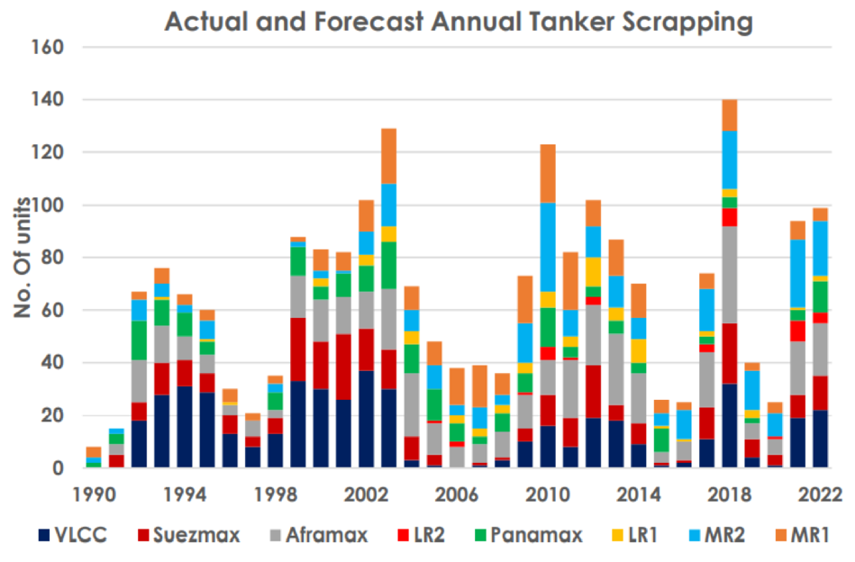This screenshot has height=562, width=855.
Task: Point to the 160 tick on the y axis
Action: click(48, 48)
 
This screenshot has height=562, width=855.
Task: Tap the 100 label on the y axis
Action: click(48, 205)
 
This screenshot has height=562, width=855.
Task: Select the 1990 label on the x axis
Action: click(95, 494)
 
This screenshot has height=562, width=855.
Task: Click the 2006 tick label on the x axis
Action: click(457, 494)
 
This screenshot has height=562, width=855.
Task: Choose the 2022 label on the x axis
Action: click(820, 494)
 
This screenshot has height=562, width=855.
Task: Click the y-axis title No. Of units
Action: click(23, 258)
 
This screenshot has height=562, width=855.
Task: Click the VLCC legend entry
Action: click(72, 535)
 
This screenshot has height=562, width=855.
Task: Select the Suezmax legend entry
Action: click(188, 535)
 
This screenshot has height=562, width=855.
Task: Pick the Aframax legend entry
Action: click(319, 535)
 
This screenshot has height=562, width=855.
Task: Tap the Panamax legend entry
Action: click(528, 535)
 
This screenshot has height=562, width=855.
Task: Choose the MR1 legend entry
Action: click(802, 535)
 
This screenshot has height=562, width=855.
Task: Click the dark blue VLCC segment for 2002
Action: click(367, 419)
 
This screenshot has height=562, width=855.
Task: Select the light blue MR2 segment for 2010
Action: click(548, 248)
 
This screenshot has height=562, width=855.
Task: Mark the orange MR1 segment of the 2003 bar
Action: click(389, 157)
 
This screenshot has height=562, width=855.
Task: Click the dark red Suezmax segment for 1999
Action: click(298, 349)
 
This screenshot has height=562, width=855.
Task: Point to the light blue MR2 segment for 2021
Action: click(797, 274)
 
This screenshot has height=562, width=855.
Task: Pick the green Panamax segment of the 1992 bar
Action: click(139, 340)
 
